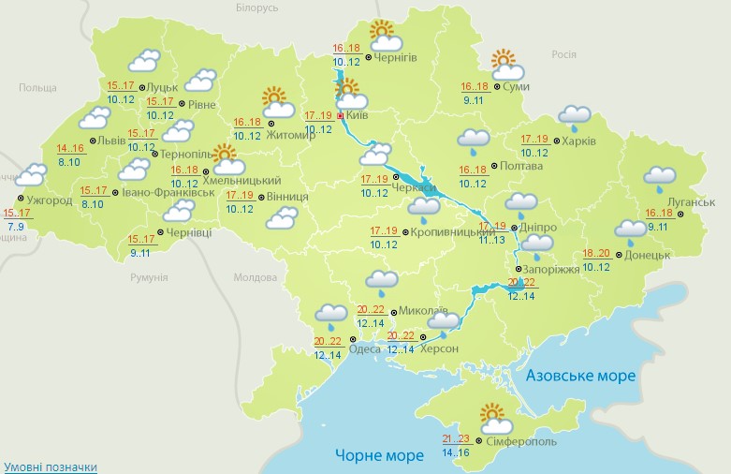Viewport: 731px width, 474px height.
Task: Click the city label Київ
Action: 357,114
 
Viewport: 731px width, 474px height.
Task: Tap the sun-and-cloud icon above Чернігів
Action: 384,37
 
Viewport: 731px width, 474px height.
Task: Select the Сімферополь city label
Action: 521,441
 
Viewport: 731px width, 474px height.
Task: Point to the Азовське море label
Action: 580,376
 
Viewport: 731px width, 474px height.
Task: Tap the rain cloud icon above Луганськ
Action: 661,176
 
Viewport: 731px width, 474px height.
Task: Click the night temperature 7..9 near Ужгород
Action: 16,227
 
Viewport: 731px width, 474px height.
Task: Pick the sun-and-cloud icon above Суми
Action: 506,65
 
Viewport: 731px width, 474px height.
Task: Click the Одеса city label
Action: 364,348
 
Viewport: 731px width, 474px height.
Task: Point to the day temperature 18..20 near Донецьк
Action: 596,254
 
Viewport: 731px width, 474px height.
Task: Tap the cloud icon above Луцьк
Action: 143,62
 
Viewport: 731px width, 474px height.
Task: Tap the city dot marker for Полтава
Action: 495,166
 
